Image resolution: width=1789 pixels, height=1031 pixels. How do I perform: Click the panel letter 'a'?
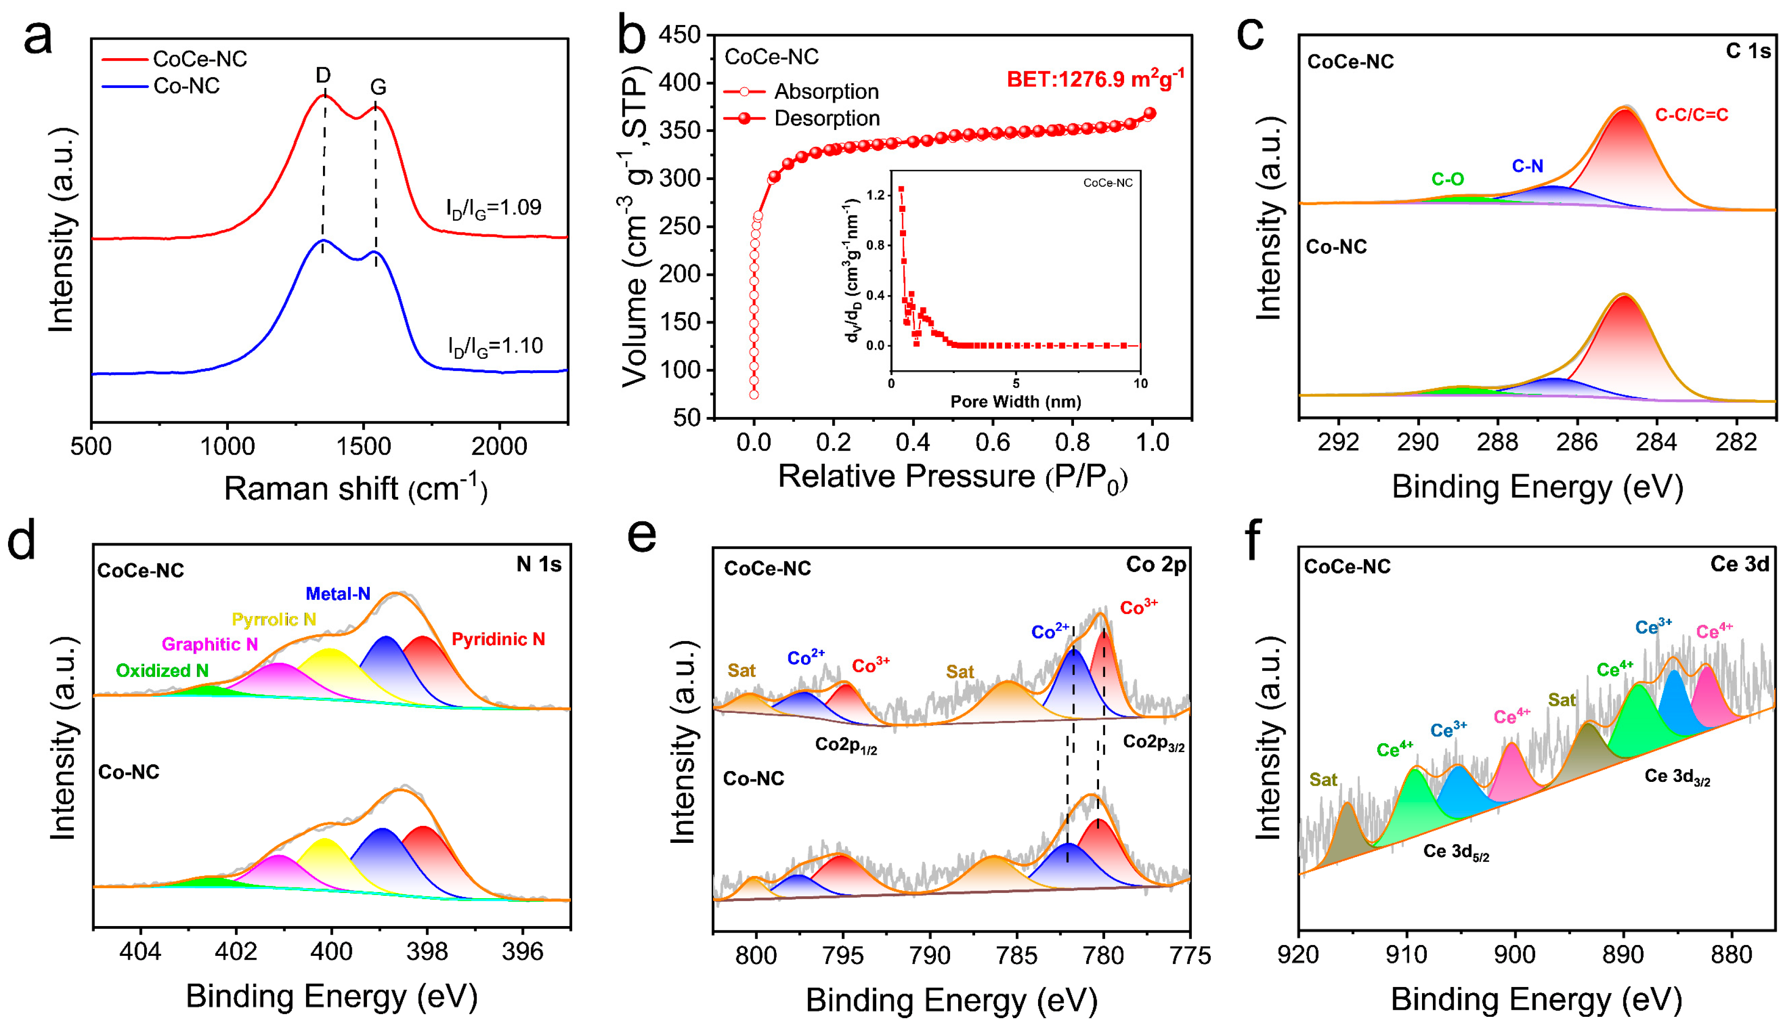pos(38,37)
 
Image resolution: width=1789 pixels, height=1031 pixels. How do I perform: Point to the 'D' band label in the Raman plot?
pos(323,75)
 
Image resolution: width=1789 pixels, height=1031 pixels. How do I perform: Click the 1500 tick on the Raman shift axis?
pos(363,446)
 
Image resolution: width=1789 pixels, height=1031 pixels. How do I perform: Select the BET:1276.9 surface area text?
pos(1095,78)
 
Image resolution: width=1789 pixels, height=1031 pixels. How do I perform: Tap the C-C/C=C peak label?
pos(1691,115)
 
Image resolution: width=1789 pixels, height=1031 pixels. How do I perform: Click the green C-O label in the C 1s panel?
pos(1447,179)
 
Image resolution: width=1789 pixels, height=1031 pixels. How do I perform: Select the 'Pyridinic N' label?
pos(498,640)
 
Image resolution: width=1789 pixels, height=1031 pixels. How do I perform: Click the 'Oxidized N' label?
pos(162,671)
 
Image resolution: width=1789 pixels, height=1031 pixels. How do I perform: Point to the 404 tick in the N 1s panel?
pos(140,952)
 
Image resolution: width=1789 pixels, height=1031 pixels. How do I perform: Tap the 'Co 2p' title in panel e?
pos(1155,564)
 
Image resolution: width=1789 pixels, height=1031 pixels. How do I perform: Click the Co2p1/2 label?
pos(846,745)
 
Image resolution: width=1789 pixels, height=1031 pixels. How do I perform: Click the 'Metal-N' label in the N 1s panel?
pos(338,594)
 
